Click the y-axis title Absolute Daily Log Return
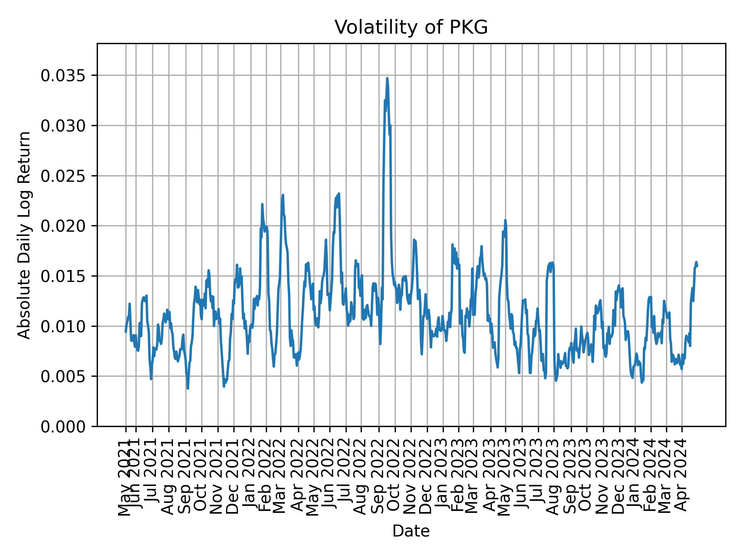click(x=25, y=235)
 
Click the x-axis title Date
click(x=411, y=531)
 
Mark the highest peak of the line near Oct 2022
click(x=387, y=78)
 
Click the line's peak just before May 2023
click(x=505, y=220)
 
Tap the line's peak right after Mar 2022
click(x=283, y=195)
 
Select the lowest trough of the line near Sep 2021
click(x=188, y=388)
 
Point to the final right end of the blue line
click(x=697, y=267)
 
